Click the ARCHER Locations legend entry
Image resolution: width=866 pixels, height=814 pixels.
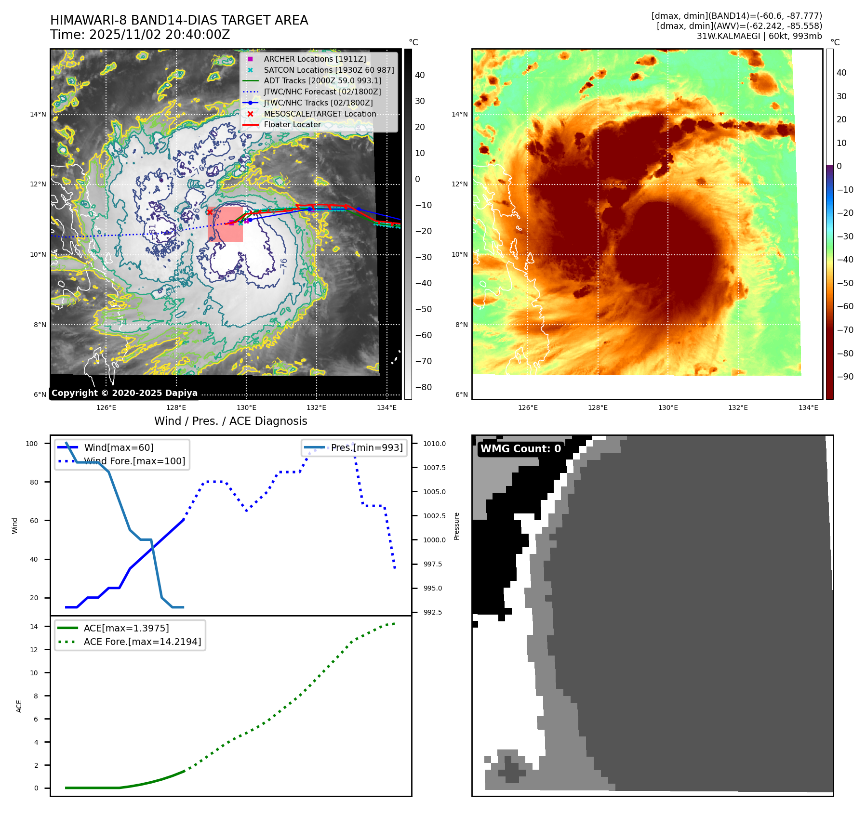(315, 59)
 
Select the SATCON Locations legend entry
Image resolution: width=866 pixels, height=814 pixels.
(329, 70)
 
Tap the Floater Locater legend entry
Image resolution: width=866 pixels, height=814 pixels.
(292, 124)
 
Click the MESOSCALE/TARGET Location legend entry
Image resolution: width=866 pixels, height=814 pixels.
(320, 114)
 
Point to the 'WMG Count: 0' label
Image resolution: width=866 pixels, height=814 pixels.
(520, 448)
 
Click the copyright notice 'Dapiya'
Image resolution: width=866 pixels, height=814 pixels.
(124, 393)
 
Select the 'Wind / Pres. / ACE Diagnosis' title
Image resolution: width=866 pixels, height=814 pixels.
(230, 421)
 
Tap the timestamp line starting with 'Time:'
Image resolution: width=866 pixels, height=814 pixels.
(140, 35)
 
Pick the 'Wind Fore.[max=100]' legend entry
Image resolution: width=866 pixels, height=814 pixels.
(134, 461)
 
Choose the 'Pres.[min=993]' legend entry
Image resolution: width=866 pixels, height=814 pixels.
(367, 447)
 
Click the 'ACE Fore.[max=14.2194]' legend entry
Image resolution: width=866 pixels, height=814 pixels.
(142, 642)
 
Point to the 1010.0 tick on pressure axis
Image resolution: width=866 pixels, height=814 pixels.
(434, 444)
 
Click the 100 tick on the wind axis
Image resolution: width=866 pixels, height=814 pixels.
(32, 444)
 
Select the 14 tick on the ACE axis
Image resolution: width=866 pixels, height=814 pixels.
(34, 627)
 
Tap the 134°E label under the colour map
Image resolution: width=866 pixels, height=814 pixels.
(808, 407)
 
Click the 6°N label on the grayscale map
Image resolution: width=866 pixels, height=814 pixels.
(40, 394)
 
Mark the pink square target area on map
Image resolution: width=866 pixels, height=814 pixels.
(225, 224)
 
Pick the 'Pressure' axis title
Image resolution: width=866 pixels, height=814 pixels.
(456, 526)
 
